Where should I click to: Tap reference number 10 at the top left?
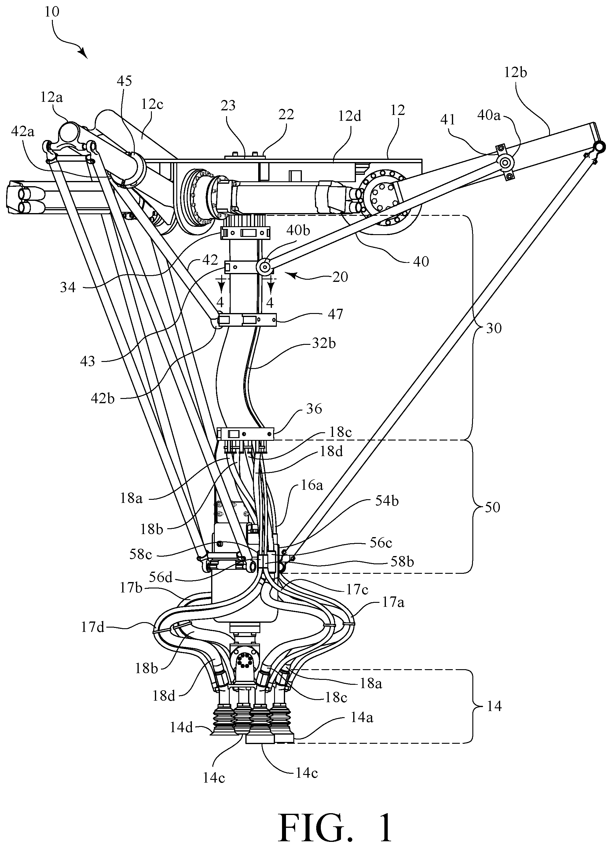pos(52,12)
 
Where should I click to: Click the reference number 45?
pos(124,81)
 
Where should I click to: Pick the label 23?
pos(228,106)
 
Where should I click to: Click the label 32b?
pos(324,344)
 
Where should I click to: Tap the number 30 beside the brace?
pos(493,328)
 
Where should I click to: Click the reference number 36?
pos(314,409)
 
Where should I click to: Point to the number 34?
pos(68,287)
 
